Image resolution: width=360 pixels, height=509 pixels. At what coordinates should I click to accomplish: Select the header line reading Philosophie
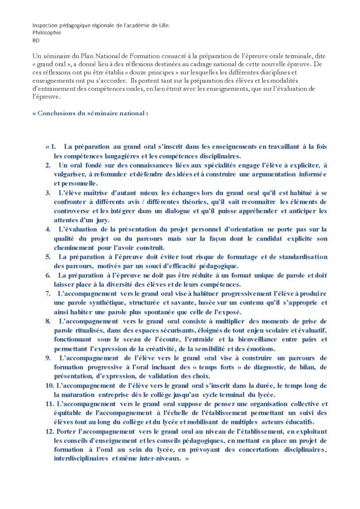click(47, 32)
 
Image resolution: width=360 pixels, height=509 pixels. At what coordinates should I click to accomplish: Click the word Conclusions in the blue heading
click(56, 113)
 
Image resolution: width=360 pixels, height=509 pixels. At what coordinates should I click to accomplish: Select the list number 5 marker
click(48, 256)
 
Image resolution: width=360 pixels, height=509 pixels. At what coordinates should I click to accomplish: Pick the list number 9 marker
click(48, 358)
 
